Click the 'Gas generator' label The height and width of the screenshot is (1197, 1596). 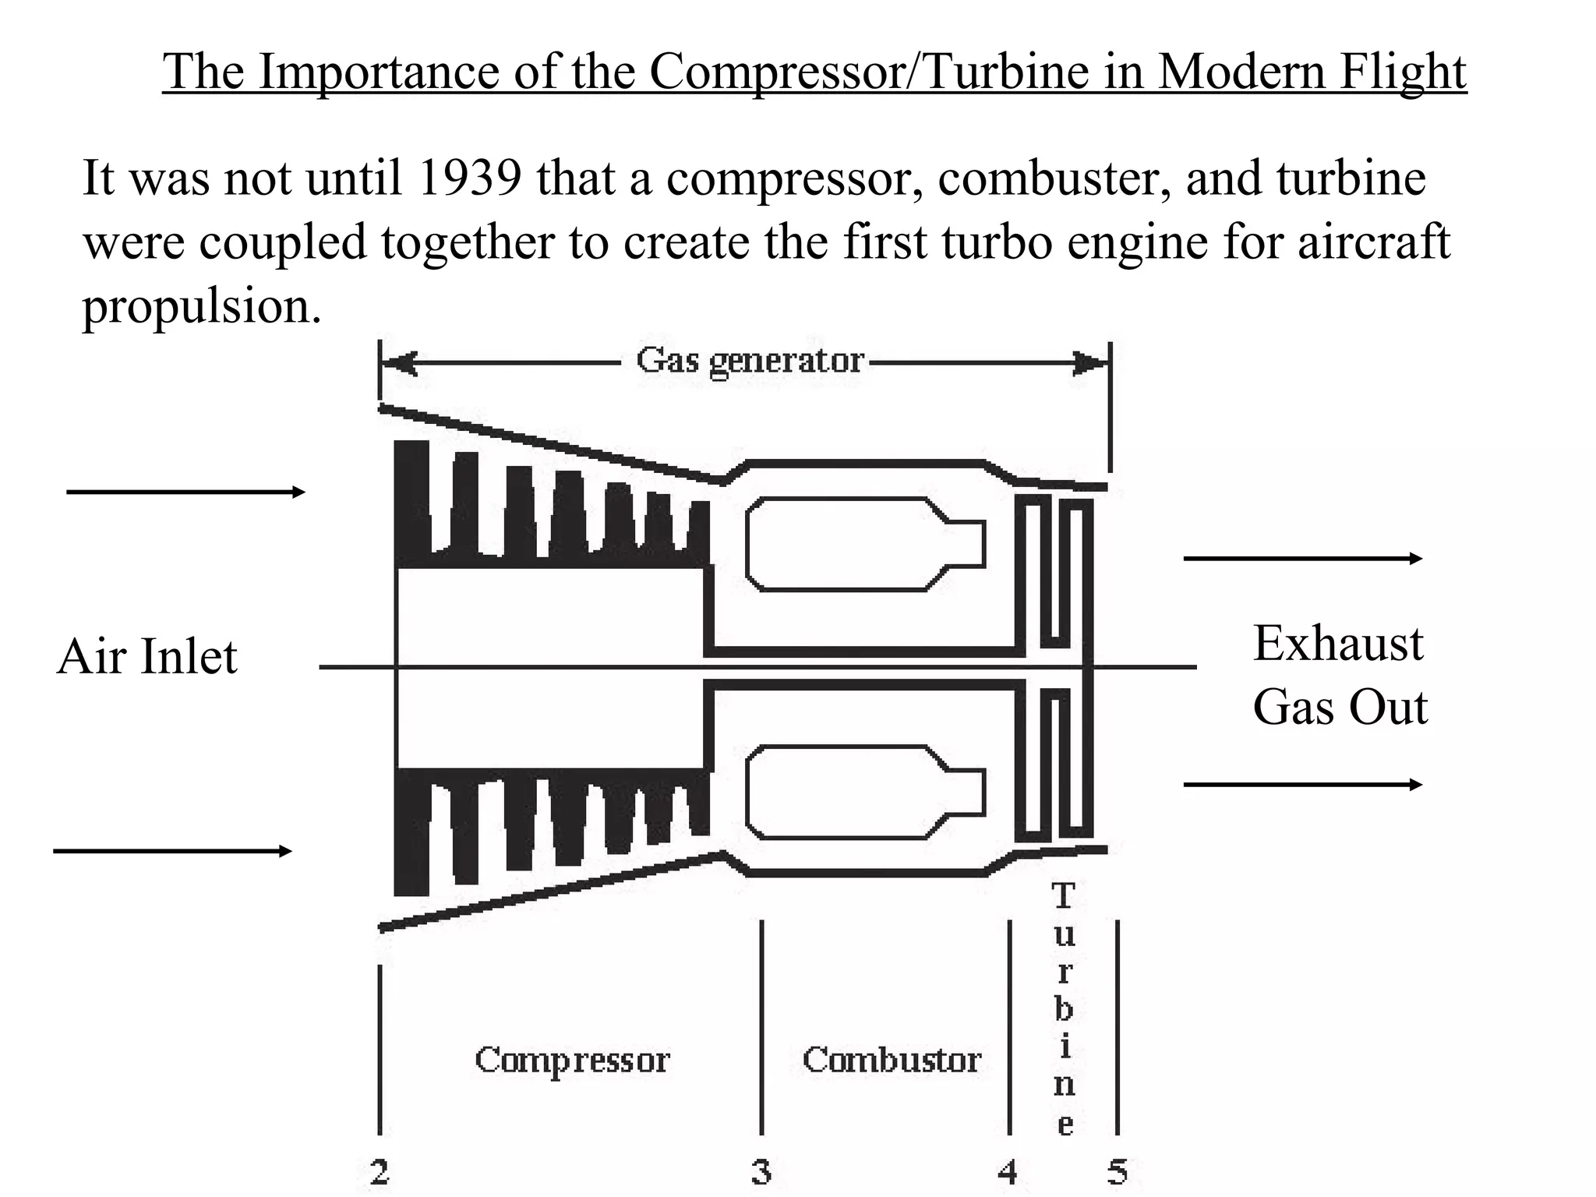click(750, 361)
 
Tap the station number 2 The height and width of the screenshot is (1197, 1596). click(380, 1171)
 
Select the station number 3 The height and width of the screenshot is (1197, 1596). click(761, 1171)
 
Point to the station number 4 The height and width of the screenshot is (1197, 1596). click(1008, 1171)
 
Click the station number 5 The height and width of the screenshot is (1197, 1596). click(1118, 1171)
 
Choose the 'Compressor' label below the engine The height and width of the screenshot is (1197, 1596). click(572, 1061)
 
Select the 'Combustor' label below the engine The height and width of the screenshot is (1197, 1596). click(892, 1061)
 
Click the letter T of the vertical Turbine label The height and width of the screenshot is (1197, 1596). click(1063, 896)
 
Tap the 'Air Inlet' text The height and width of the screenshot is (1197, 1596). click(147, 656)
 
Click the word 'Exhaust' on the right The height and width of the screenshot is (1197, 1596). click(1337, 644)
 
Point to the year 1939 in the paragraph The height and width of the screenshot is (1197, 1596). click(468, 178)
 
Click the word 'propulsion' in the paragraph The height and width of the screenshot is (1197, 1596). click(201, 305)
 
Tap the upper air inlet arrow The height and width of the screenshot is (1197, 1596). click(185, 492)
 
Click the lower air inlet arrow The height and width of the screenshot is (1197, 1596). click(172, 851)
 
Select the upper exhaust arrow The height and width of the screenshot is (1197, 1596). click(1302, 558)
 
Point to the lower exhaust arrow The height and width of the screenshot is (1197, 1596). click(1302, 784)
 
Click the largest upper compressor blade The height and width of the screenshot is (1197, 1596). click(411, 499)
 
